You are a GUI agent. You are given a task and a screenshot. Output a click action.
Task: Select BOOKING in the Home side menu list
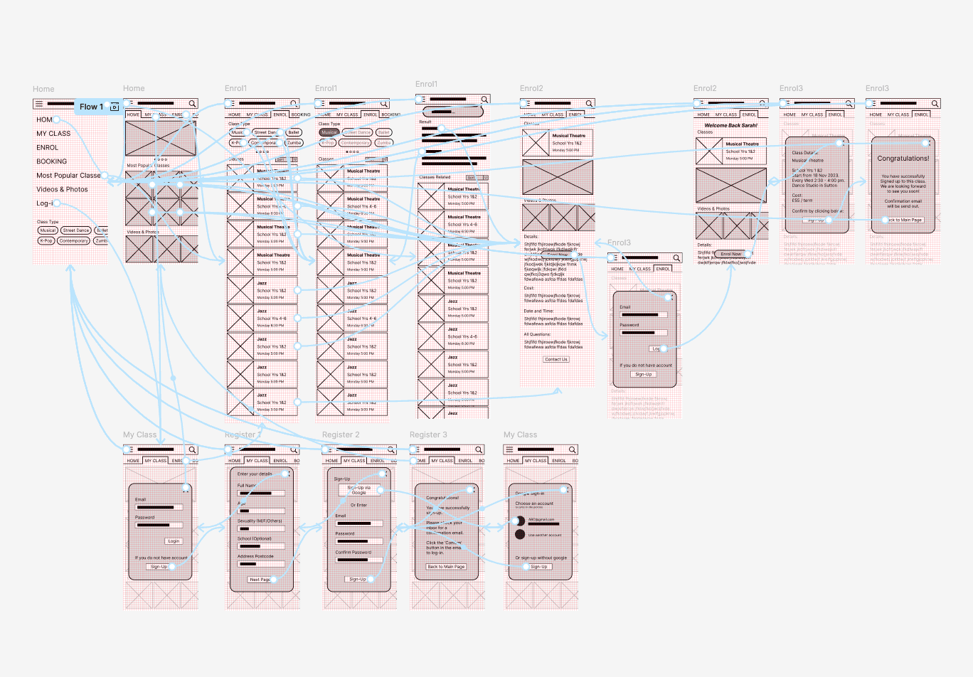tap(52, 161)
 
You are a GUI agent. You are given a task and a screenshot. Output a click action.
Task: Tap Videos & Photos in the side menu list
tap(63, 189)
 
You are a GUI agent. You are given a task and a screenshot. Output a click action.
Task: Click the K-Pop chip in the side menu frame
tap(46, 241)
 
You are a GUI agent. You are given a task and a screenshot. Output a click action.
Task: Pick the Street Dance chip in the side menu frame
tap(76, 230)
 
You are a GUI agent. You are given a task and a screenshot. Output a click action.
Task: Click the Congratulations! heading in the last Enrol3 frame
tap(903, 159)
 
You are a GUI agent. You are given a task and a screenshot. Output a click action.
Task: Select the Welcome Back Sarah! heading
tap(730, 125)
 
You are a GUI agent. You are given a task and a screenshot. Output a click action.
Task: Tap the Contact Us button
tap(556, 359)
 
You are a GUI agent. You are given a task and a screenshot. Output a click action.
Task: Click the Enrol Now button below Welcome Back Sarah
tap(730, 254)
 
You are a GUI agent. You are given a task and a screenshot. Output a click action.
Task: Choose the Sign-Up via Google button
tap(359, 490)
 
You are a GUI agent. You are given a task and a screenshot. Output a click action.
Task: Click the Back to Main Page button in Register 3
tap(446, 567)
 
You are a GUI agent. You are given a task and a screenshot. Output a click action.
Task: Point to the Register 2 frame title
tap(341, 435)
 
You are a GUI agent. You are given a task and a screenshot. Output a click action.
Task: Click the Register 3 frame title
tap(428, 435)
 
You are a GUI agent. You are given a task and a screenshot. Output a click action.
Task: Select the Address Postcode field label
tap(255, 556)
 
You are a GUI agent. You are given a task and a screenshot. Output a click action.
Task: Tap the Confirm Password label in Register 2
tap(353, 552)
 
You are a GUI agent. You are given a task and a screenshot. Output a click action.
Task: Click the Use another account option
tap(545, 535)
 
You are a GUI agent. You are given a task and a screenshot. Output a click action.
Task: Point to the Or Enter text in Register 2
tap(358, 505)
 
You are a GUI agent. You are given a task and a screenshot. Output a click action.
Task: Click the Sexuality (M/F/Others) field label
tap(260, 521)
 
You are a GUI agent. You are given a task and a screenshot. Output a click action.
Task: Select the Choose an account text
tap(534, 503)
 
